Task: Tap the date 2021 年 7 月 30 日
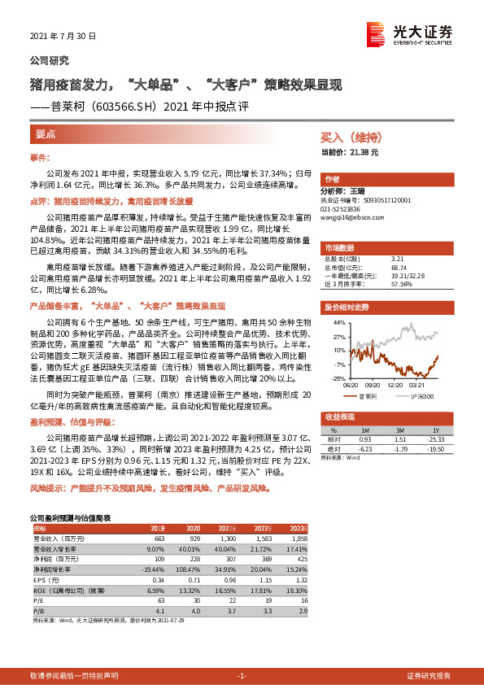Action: pos(63,37)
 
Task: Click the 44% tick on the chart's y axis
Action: pos(338,322)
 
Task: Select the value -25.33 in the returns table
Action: pos(436,438)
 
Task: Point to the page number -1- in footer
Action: pos(242,676)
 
